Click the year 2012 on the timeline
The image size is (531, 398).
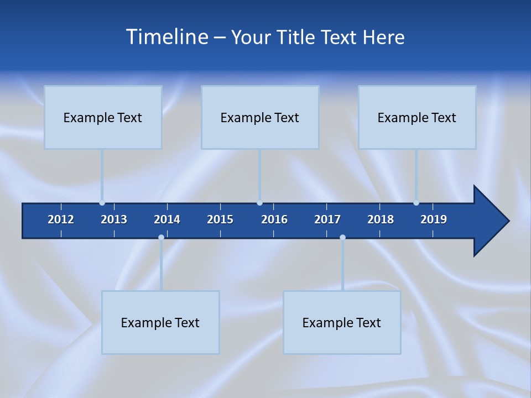tap(61, 219)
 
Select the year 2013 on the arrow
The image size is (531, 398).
tap(114, 219)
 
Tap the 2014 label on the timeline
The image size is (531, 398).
tap(167, 219)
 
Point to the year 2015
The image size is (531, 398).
tap(220, 219)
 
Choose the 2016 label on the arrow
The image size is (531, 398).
tap(274, 219)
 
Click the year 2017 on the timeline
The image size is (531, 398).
tap(327, 219)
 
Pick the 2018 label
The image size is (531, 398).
tap(381, 219)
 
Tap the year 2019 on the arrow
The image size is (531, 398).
tap(434, 219)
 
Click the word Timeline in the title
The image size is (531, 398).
tap(166, 37)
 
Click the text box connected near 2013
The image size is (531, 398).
tap(103, 117)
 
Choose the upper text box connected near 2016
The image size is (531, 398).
tap(260, 117)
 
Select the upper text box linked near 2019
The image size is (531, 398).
tap(417, 117)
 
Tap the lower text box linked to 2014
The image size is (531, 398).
tap(160, 322)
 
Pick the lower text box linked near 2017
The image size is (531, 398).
tap(342, 322)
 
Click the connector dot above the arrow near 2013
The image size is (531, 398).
tap(102, 203)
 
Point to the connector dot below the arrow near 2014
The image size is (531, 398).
tap(161, 238)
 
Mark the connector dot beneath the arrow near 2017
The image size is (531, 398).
tap(342, 238)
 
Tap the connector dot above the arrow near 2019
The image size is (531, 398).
tap(416, 203)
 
